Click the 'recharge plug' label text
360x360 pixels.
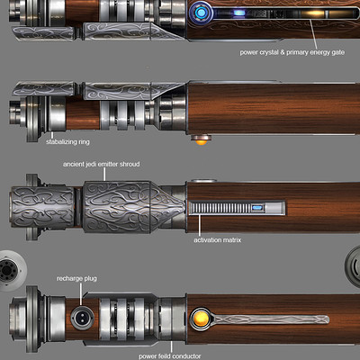point(76,279)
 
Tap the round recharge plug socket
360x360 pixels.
point(82,318)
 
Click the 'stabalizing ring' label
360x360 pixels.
point(67,142)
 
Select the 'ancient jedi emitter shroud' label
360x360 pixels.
point(102,165)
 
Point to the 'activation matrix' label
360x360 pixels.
point(218,240)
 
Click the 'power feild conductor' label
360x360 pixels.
point(170,356)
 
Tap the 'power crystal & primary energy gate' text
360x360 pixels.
point(292,52)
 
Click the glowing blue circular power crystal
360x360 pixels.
point(202,13)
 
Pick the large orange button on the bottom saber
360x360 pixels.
point(201,319)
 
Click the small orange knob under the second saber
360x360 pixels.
point(201,140)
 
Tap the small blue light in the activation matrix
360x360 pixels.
point(257,207)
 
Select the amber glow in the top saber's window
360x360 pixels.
point(313,13)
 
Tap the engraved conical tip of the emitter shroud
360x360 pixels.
point(167,207)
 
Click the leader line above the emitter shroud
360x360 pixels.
point(104,175)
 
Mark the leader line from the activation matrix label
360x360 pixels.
point(200,225)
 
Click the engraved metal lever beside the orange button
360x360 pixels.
point(270,319)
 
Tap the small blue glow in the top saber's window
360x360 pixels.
point(239,13)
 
